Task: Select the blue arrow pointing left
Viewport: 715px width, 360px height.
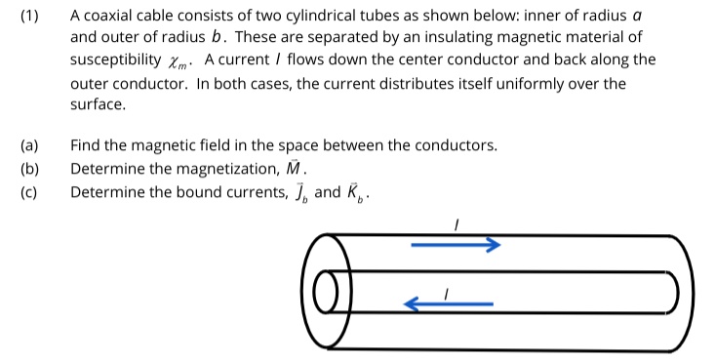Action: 449,304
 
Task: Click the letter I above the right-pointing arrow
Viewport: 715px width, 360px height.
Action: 455,225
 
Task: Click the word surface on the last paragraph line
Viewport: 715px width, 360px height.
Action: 97,104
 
